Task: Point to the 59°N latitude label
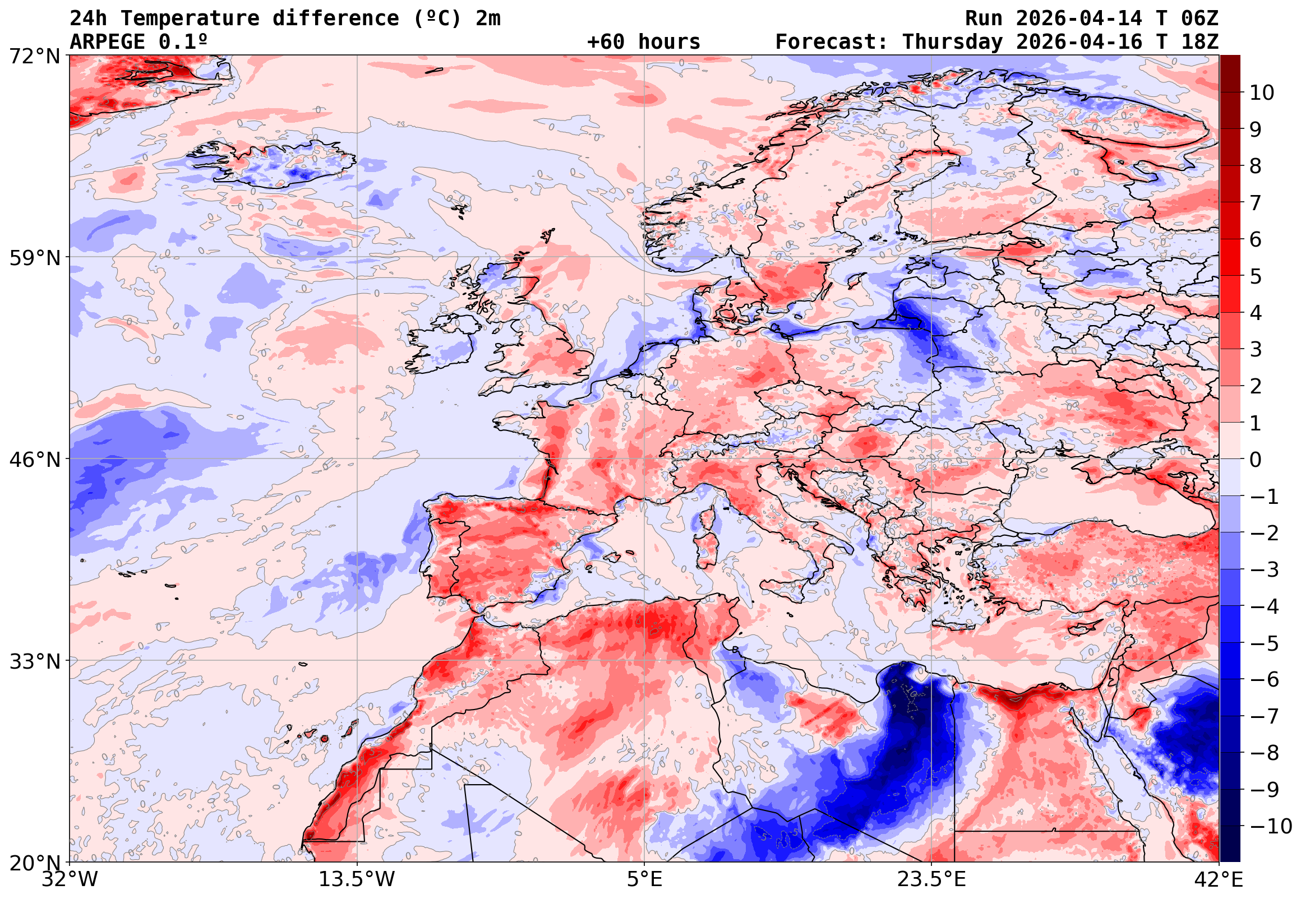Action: click(34, 258)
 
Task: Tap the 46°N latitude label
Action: click(34, 460)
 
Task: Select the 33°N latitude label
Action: click(34, 661)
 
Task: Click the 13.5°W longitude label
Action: click(357, 879)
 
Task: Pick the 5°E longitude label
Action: click(644, 879)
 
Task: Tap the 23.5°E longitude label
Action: click(931, 879)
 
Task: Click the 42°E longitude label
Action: click(1219, 879)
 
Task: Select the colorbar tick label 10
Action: click(1262, 93)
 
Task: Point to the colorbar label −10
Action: click(1271, 826)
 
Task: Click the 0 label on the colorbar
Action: click(1256, 460)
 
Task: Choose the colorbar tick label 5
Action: click(1256, 276)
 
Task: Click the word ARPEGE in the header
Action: click(107, 41)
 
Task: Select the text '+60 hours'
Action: click(643, 41)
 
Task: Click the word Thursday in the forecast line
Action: click(952, 41)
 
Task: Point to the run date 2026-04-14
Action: click(1079, 18)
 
